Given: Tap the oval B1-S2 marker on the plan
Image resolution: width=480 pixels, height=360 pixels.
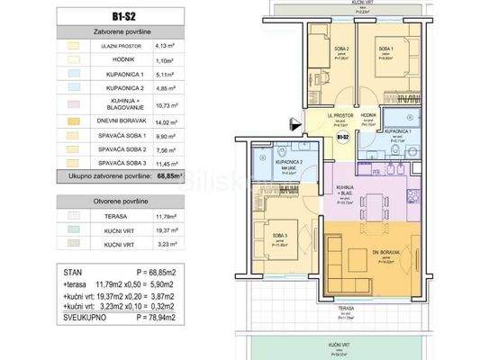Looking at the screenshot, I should (342, 138).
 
